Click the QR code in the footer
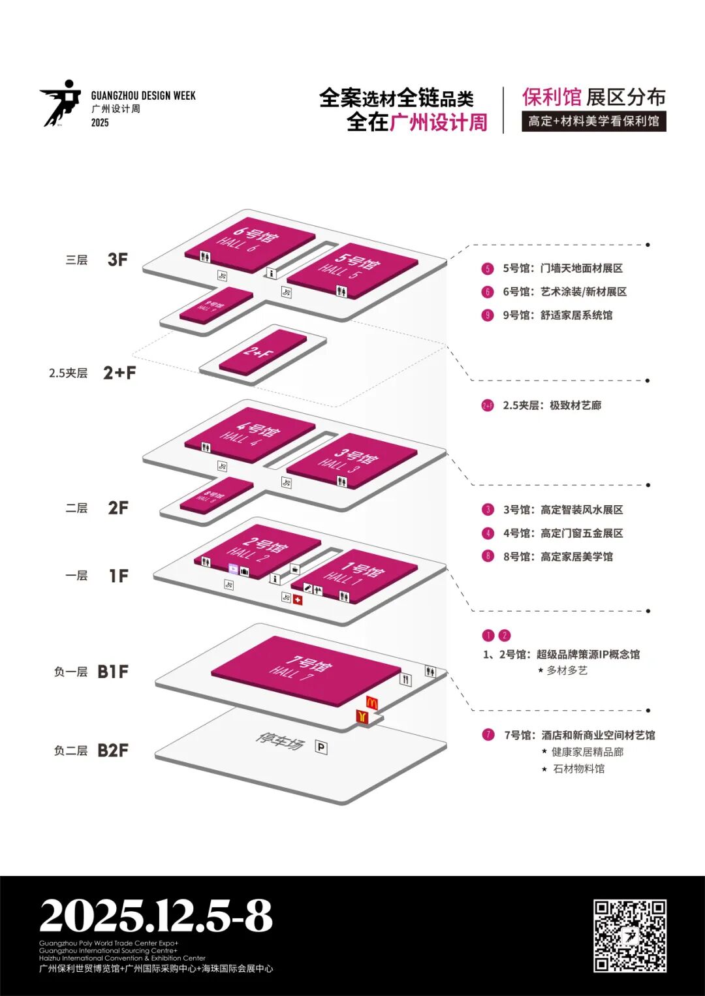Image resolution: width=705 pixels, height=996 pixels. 629,935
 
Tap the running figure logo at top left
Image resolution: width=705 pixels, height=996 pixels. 61,103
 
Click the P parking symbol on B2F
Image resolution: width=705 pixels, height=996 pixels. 321,747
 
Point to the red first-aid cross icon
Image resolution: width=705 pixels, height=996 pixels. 298,600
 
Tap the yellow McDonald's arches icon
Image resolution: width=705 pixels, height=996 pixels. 371,703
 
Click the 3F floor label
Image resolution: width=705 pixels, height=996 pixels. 117,259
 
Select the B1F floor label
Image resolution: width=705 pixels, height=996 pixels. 113,672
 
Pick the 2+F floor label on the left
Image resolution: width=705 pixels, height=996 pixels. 119,373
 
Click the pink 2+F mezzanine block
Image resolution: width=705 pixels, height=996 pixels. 262,352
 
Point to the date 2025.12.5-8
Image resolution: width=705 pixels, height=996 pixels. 156,916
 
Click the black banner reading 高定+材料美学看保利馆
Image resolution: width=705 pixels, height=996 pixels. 593,121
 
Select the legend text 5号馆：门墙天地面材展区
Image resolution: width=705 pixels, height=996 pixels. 562,268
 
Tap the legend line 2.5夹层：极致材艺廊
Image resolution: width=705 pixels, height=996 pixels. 552,405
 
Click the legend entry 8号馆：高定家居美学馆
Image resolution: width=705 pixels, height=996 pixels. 557,557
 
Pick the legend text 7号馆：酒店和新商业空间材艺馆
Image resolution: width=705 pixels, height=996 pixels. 579,735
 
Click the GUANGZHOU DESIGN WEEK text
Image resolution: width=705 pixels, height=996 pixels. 143,95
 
